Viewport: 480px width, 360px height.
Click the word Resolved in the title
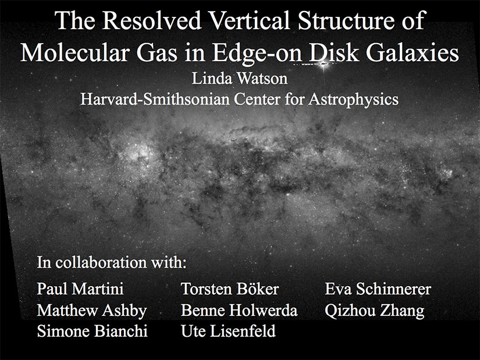coord(151,20)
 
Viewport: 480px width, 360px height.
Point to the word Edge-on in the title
coord(257,54)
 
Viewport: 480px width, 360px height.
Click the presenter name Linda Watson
coord(240,79)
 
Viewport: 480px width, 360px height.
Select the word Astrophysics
coord(353,100)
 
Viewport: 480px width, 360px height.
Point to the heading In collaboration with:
coord(112,262)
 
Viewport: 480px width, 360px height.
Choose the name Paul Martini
coord(80,288)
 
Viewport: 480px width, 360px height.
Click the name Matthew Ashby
coord(92,311)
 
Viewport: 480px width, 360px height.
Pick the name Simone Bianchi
coord(92,331)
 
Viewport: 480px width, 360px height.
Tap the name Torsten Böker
coord(230,288)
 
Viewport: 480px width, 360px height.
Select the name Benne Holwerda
coord(239,310)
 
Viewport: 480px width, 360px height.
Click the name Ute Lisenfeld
coord(228,331)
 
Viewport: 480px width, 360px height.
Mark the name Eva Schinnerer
coord(378,288)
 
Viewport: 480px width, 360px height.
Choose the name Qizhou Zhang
coord(375,311)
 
